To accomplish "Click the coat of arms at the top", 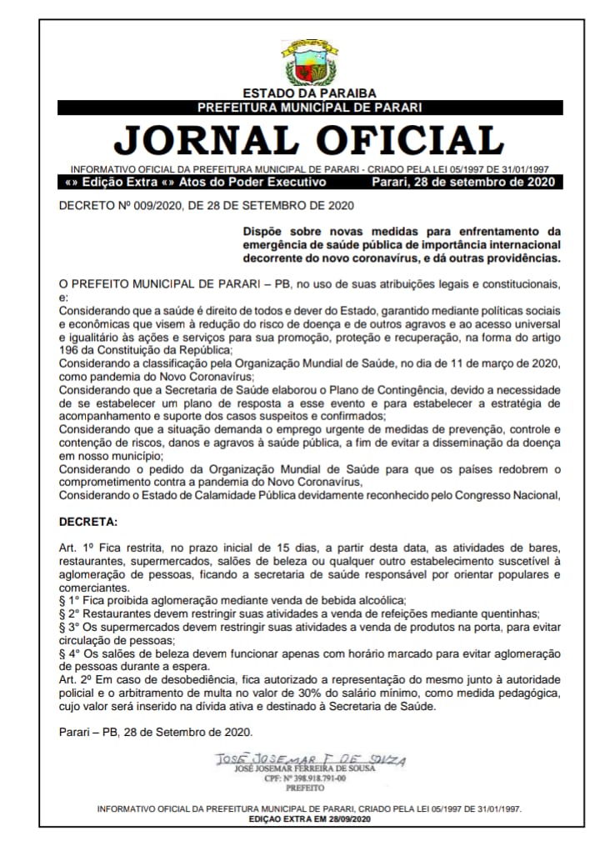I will click(309, 61).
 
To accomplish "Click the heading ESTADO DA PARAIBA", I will click(309, 93).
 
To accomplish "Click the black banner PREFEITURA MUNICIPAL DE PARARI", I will click(309, 108).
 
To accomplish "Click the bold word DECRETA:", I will click(88, 523).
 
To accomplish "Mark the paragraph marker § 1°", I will click(70, 600).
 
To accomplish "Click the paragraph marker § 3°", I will click(70, 627).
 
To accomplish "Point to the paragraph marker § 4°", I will click(70, 653).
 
